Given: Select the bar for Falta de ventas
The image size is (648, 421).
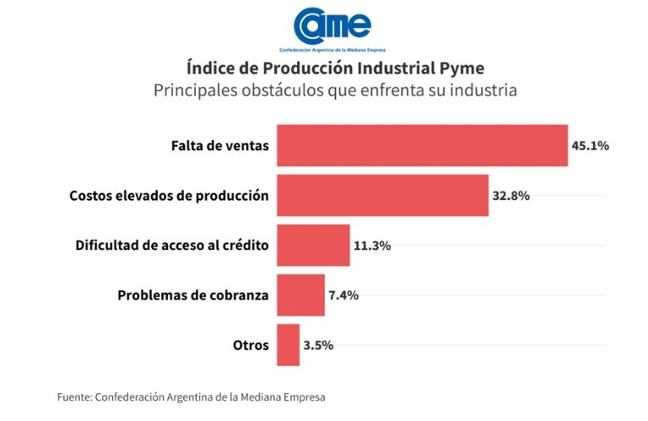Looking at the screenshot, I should point(422,145).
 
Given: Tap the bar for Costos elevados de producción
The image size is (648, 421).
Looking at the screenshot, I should point(382,195).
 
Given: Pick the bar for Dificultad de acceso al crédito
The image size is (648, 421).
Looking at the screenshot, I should point(313,246).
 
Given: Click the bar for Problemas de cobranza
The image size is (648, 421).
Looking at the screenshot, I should point(300,295).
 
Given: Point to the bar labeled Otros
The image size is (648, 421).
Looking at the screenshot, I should point(288,345).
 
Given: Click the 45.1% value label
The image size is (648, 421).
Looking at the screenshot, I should point(590,145).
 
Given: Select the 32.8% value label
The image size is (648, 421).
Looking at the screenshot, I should point(511,196).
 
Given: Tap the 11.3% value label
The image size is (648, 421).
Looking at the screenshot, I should point(372,246).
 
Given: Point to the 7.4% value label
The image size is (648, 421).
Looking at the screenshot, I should point(344,295).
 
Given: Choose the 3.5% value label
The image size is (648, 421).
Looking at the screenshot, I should point(319,345).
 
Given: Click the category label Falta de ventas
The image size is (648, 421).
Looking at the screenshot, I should point(219,145).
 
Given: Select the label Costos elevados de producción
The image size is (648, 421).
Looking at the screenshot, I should point(169,196).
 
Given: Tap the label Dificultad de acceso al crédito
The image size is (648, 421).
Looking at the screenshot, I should point(172,246).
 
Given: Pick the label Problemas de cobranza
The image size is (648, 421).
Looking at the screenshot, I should point(193,295).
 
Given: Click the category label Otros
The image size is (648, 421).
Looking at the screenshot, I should point(251,345).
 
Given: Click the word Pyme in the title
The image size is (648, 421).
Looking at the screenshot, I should point(462,67).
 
